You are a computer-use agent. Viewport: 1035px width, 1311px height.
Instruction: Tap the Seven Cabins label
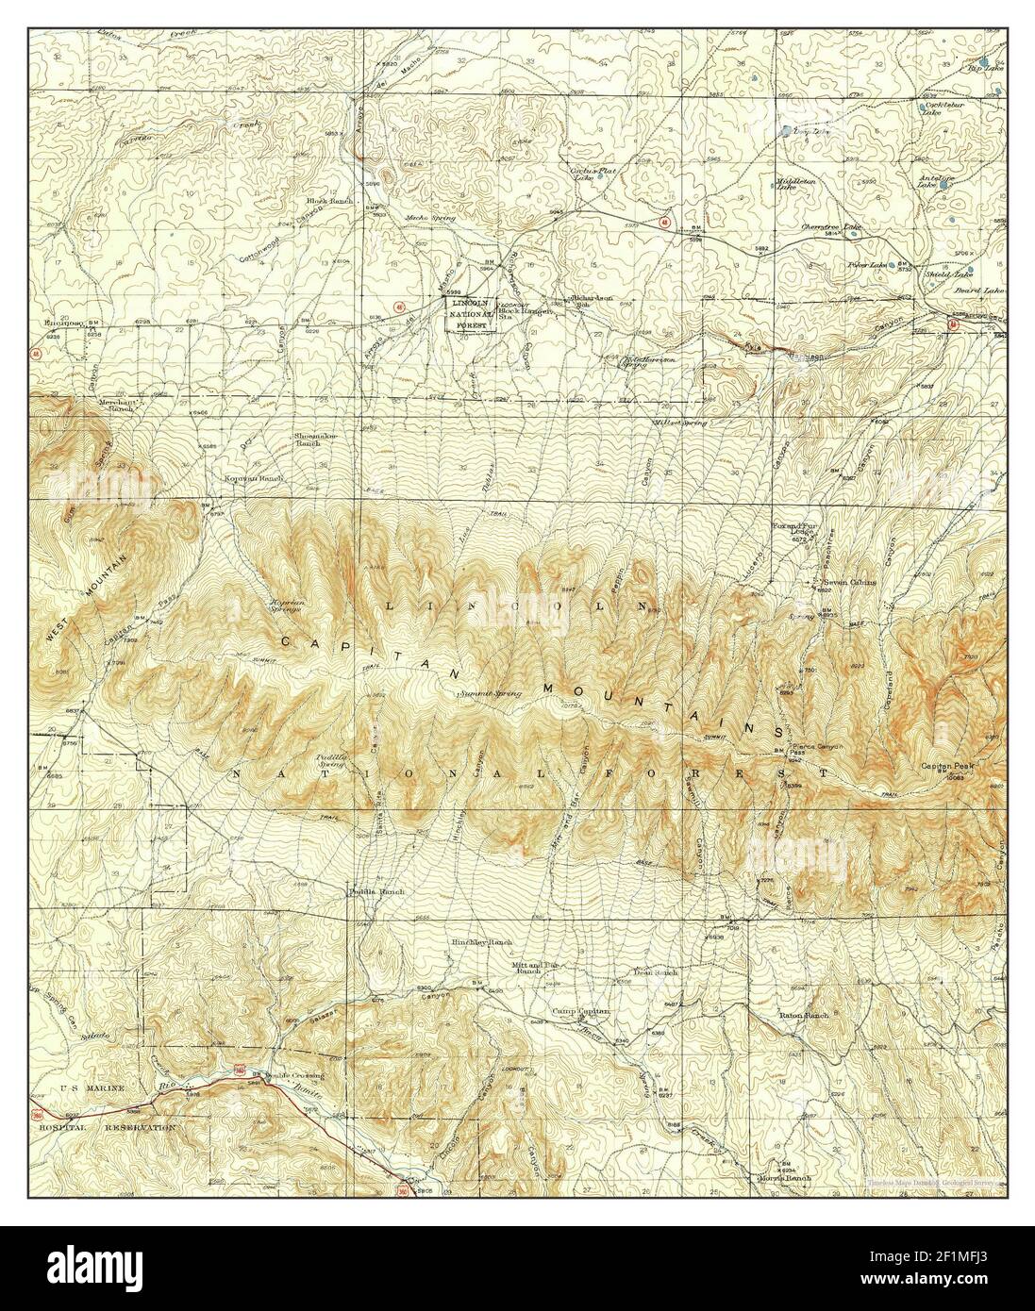pyautogui.click(x=849, y=582)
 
